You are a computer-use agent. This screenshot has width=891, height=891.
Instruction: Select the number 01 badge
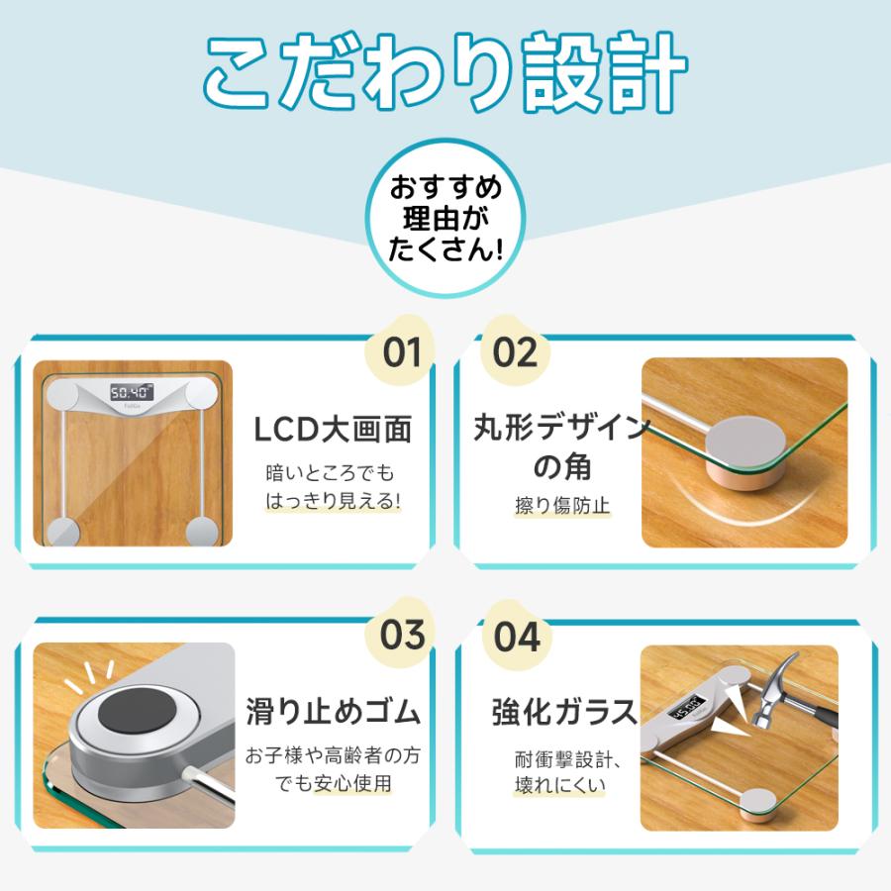point(402,352)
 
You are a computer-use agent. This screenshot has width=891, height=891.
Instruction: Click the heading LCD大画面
point(332,430)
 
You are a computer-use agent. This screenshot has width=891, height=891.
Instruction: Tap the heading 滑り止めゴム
point(333,712)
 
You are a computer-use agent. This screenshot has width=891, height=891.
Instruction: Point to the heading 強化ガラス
point(551,712)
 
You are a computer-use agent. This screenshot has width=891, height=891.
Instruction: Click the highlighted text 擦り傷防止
point(548,506)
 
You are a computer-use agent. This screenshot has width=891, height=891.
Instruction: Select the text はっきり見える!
point(333,502)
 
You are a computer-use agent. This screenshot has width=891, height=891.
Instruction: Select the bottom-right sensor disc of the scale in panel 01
point(201,531)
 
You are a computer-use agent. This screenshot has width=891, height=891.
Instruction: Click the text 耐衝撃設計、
point(552,760)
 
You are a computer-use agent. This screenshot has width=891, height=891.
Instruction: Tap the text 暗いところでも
point(331,472)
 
